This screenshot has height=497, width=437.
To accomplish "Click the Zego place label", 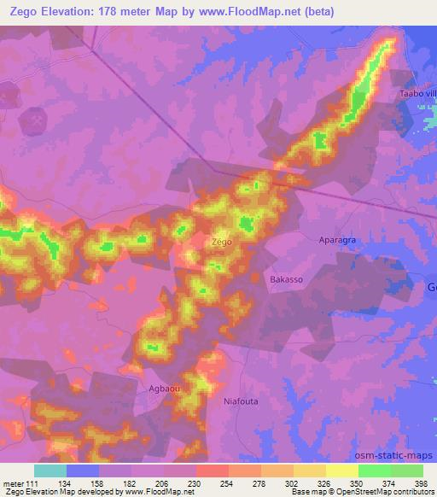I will [221, 243].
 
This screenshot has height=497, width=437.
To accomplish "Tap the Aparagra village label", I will [336, 242].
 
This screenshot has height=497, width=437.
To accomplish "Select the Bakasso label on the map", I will [286, 280].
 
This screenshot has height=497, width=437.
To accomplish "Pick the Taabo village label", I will [417, 93].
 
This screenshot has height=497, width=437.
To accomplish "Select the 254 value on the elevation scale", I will [227, 482].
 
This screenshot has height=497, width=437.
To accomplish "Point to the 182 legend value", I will [130, 482].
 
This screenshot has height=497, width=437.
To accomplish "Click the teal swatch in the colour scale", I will [50, 471].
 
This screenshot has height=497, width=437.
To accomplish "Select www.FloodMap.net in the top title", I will [253, 11].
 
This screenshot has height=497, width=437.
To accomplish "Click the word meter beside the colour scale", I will [12, 482].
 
